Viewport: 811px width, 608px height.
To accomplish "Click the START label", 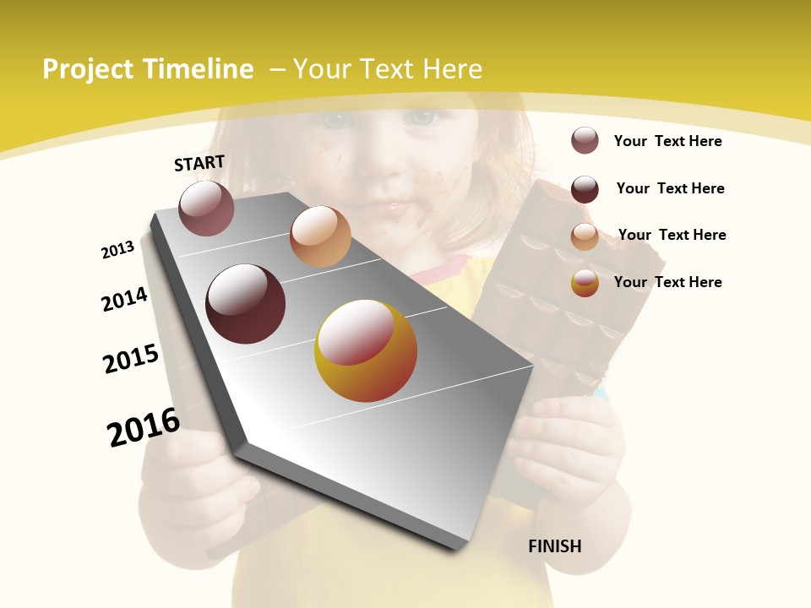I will pos(199,163).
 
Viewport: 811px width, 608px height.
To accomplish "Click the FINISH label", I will pos(555,546).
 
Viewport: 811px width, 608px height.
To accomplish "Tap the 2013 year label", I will pos(118,249).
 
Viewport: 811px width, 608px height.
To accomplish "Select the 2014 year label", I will pos(125,299).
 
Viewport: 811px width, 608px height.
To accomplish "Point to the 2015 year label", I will pos(131,358).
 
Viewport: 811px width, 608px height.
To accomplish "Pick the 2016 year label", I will pos(144,427).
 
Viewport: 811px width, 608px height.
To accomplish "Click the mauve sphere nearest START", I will pos(206,208).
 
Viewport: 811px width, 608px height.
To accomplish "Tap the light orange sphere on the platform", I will pos(320,236).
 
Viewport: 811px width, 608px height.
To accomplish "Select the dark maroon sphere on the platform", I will pos(246,304).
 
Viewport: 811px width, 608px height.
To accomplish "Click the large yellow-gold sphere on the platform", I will pos(366,350).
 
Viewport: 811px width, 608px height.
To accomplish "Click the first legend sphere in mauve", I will pos(585,140).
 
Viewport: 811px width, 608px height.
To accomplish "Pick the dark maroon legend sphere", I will pos(585,189).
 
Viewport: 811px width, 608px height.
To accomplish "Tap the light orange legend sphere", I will pos(585,236).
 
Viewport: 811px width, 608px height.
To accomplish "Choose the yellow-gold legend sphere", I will pos(585,283).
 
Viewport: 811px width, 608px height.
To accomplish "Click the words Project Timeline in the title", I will pos(148,69).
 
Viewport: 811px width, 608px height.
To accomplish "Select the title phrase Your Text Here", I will pos(388,69).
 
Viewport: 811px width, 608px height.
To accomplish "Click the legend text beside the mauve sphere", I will pos(667,141).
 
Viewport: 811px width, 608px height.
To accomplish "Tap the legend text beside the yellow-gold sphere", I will pos(667,282).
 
